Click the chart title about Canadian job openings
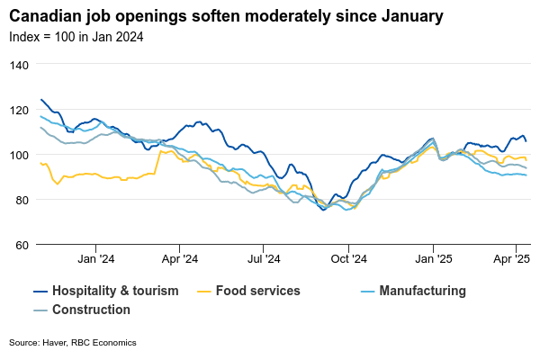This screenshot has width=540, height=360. click(x=226, y=17)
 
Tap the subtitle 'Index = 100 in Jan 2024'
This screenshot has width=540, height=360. click(x=76, y=37)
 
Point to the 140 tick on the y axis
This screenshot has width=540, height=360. click(x=20, y=65)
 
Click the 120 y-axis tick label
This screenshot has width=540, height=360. click(x=20, y=110)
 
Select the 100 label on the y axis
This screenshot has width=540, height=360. click(x=20, y=155)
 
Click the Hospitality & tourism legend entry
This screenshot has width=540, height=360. click(x=114, y=291)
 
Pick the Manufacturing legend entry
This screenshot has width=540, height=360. click(x=422, y=291)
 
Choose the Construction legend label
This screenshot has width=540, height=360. click(x=91, y=310)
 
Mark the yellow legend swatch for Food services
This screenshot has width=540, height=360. click(x=205, y=291)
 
